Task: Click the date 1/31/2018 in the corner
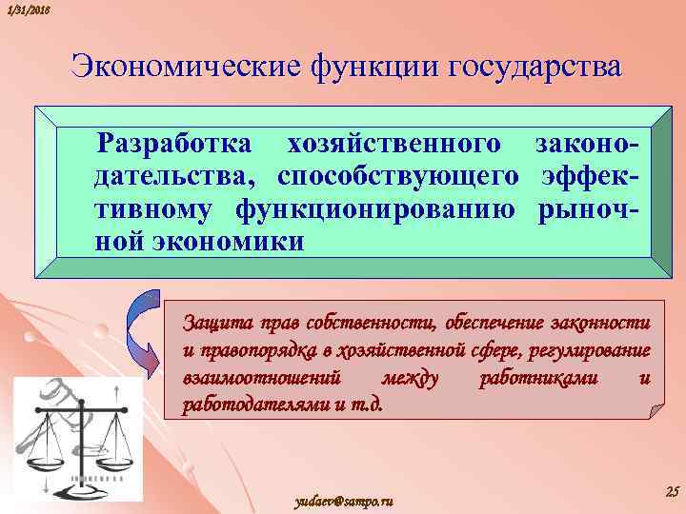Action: [27, 9]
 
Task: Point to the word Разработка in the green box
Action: [175, 145]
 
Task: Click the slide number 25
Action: [670, 491]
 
